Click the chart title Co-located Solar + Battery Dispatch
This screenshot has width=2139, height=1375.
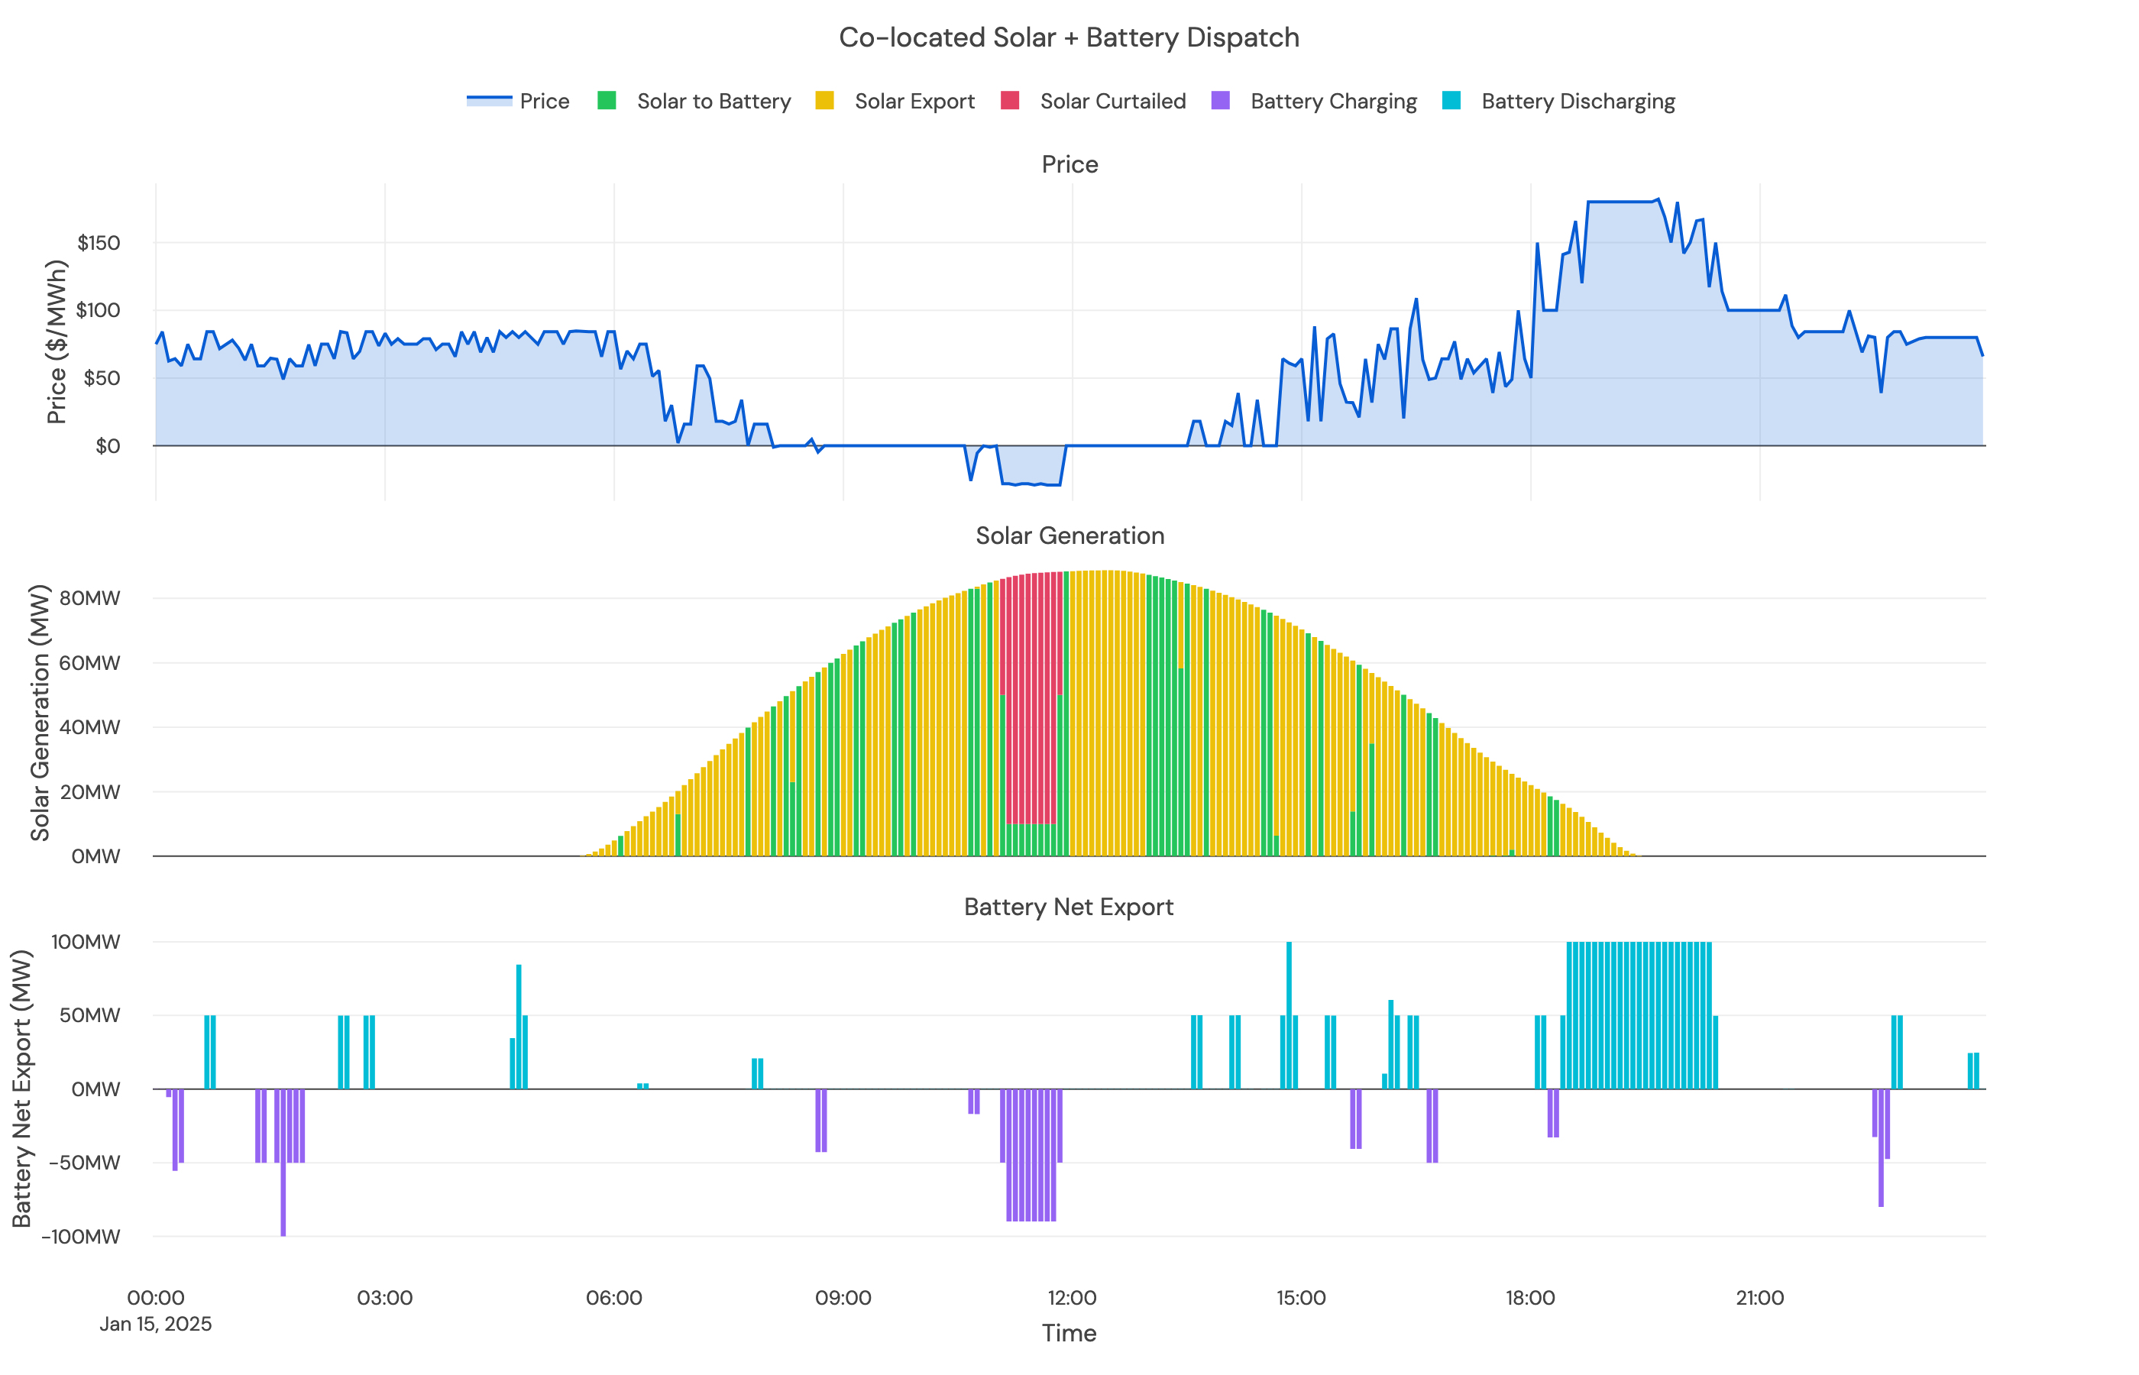coord(1069,37)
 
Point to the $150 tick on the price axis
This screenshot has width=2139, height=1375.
coord(99,243)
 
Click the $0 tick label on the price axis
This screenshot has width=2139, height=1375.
coord(107,445)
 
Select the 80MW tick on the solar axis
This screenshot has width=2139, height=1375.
coord(89,598)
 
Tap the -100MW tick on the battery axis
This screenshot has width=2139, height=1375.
coord(80,1237)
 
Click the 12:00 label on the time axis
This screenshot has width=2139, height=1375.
coord(1071,1298)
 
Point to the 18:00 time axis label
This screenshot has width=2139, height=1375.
coord(1530,1298)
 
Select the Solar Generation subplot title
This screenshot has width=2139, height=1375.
coord(1069,535)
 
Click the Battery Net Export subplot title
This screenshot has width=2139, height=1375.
coord(1069,907)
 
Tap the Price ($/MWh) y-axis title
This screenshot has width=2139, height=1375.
coord(57,342)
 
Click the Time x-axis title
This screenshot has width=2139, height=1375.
coord(1069,1333)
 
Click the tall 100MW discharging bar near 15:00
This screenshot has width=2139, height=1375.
coord(1288,1014)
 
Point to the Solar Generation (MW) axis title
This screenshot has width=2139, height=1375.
coord(39,713)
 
